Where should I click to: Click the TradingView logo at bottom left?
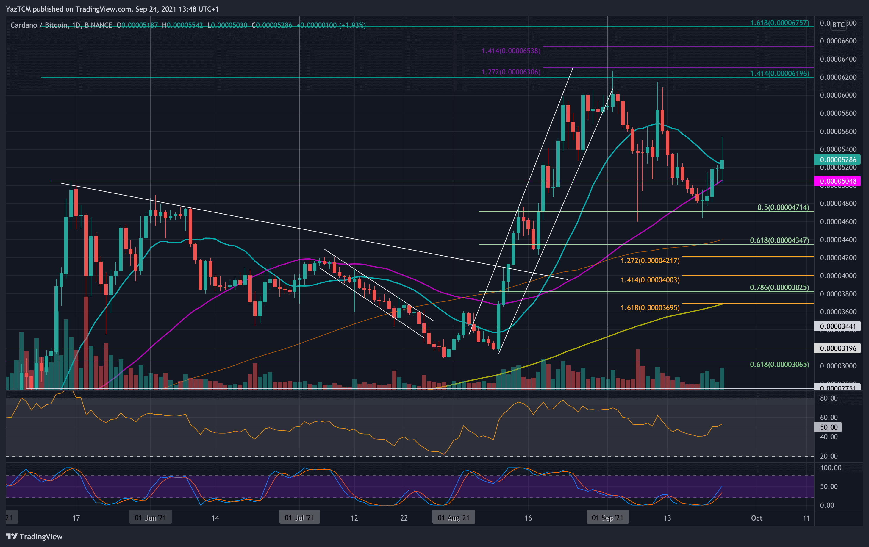pyautogui.click(x=34, y=536)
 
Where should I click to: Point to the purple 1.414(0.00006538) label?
pyautogui.click(x=511, y=51)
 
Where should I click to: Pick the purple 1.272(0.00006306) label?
pyautogui.click(x=511, y=72)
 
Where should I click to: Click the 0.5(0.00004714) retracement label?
pyautogui.click(x=783, y=207)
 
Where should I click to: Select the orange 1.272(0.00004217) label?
pyautogui.click(x=650, y=260)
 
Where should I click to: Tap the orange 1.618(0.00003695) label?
pyautogui.click(x=650, y=307)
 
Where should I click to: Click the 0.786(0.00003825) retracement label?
pyautogui.click(x=779, y=287)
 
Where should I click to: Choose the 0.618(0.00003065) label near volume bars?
pyautogui.click(x=779, y=365)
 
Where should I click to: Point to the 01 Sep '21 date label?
pyautogui.click(x=607, y=518)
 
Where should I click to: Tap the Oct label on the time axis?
pyautogui.click(x=757, y=518)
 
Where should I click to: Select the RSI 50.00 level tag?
pyautogui.click(x=829, y=427)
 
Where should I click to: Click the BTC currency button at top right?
pyautogui.click(x=838, y=24)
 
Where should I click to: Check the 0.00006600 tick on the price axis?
pyautogui.click(x=838, y=41)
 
